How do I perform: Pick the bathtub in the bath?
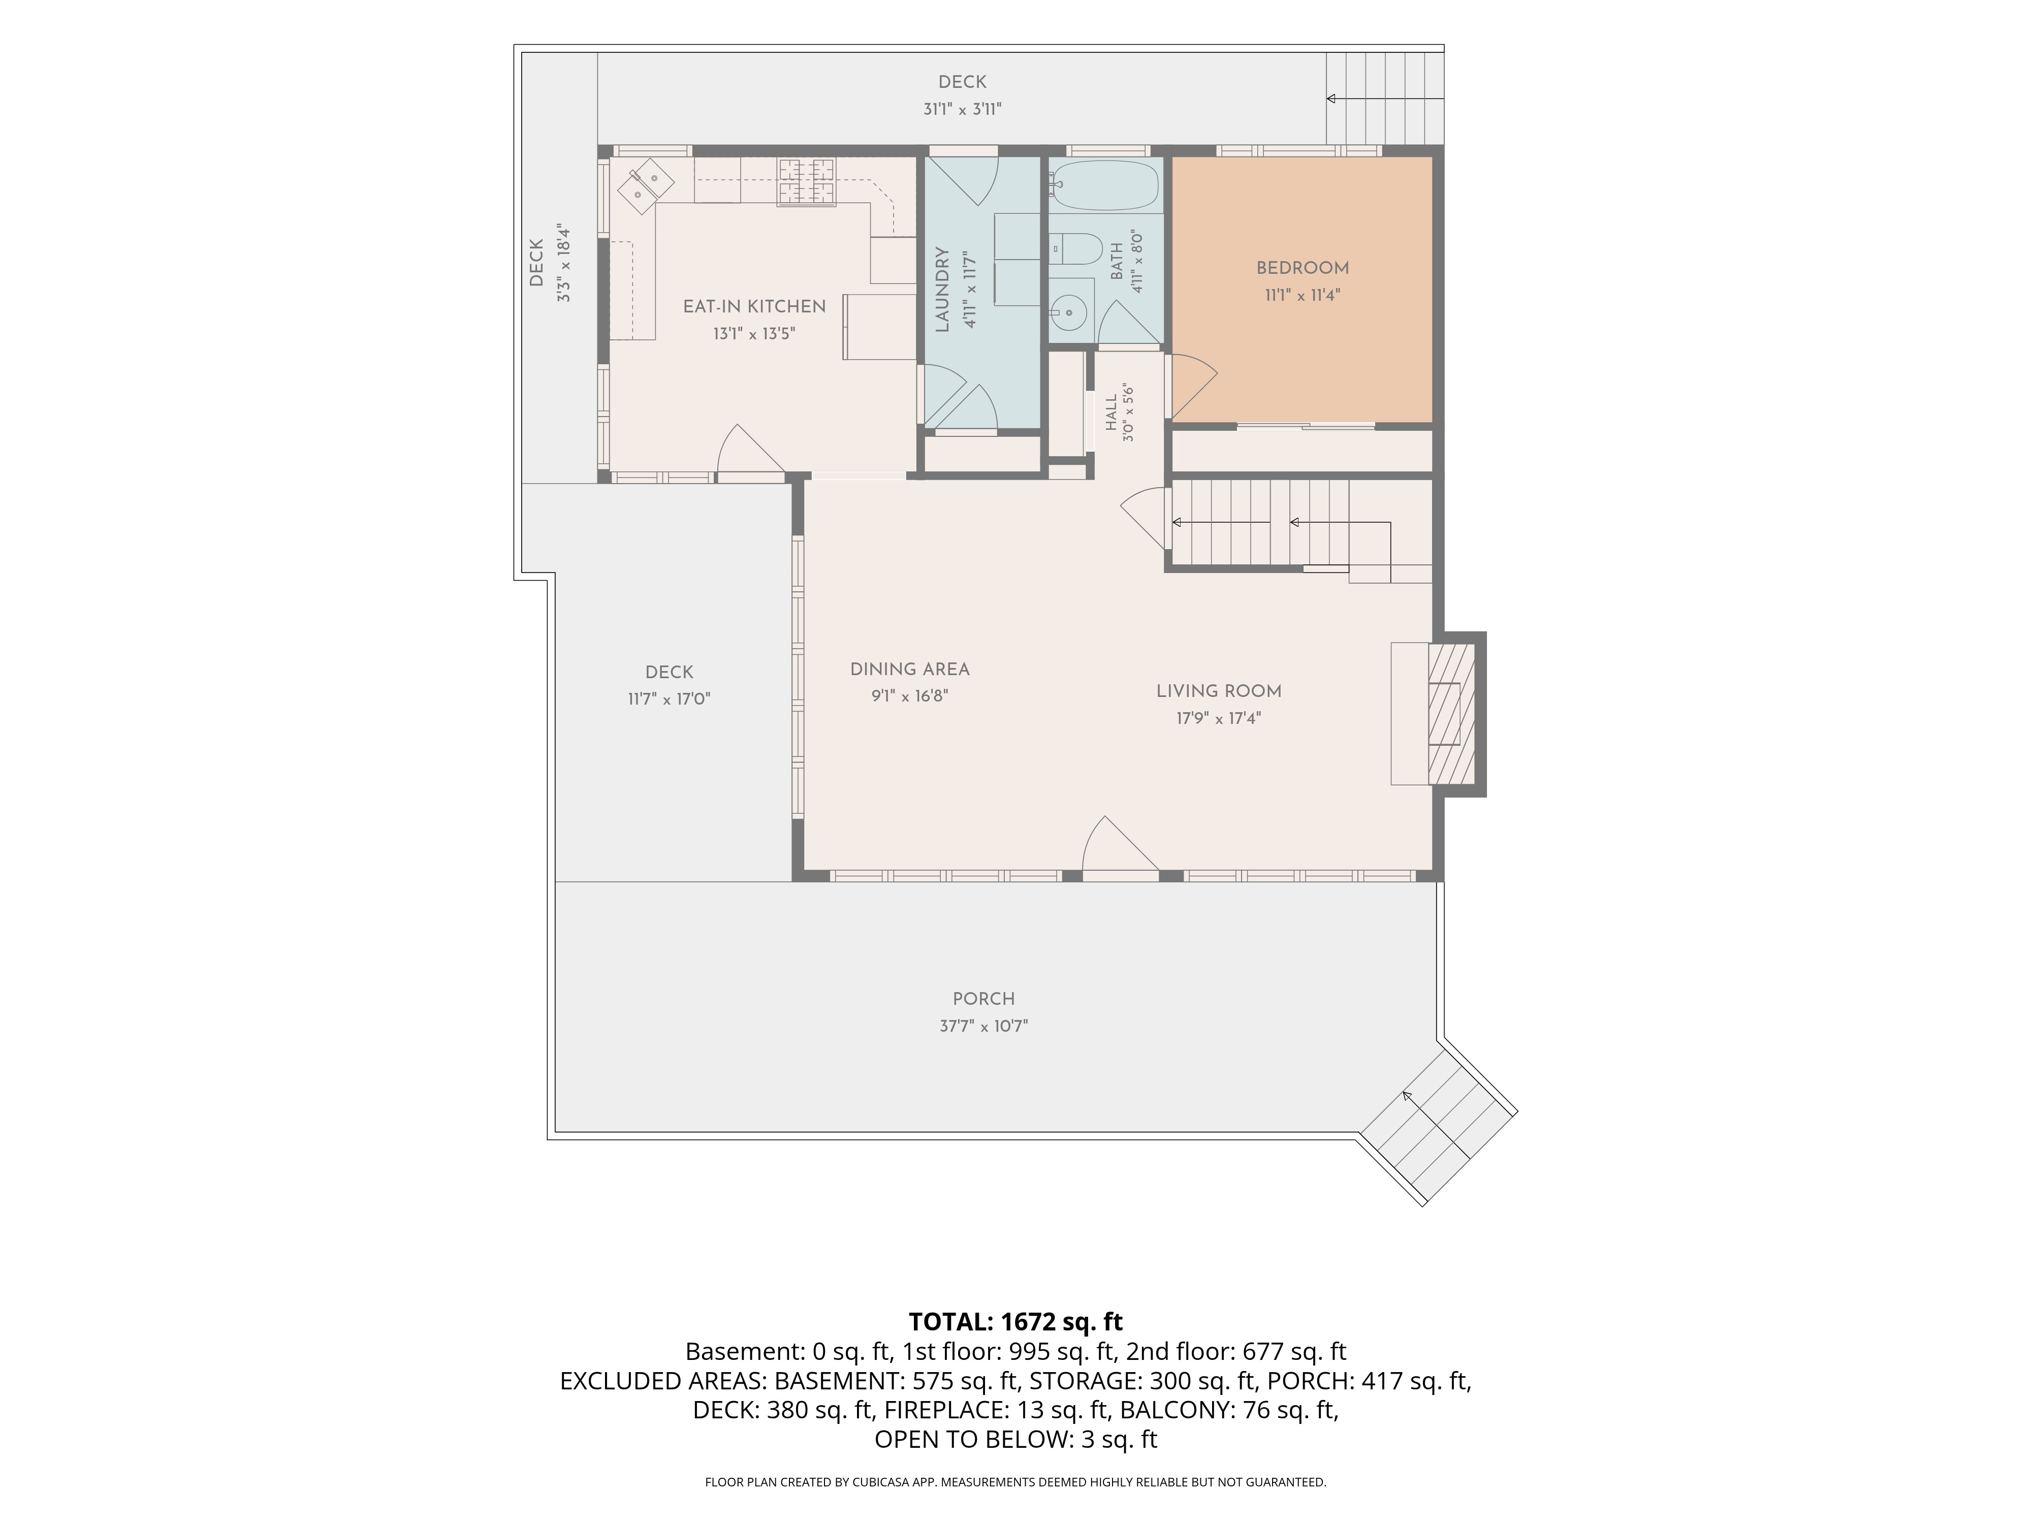pos(1105,184)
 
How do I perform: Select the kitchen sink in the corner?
pos(645,184)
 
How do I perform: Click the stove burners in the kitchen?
pos(807,182)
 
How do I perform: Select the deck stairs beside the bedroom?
pos(1384,98)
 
